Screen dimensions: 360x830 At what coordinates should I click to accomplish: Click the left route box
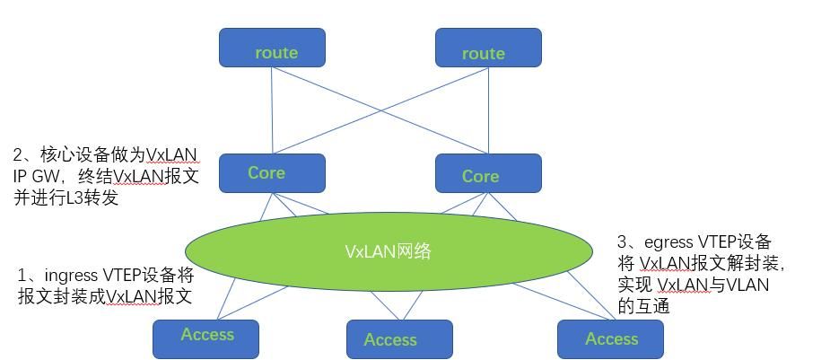[272, 48]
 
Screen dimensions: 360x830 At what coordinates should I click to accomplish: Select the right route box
[488, 48]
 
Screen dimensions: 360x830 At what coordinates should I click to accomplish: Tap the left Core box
[272, 172]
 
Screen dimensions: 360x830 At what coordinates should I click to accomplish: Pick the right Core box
[488, 173]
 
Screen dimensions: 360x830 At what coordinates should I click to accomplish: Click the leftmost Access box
[205, 338]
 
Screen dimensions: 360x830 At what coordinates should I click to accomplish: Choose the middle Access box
[399, 339]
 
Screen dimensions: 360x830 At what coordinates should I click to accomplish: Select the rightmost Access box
[610, 338]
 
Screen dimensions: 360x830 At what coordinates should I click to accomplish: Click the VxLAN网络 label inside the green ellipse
[388, 251]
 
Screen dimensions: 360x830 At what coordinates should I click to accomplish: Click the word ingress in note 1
[71, 276]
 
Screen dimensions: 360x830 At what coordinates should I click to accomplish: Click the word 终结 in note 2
[95, 177]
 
